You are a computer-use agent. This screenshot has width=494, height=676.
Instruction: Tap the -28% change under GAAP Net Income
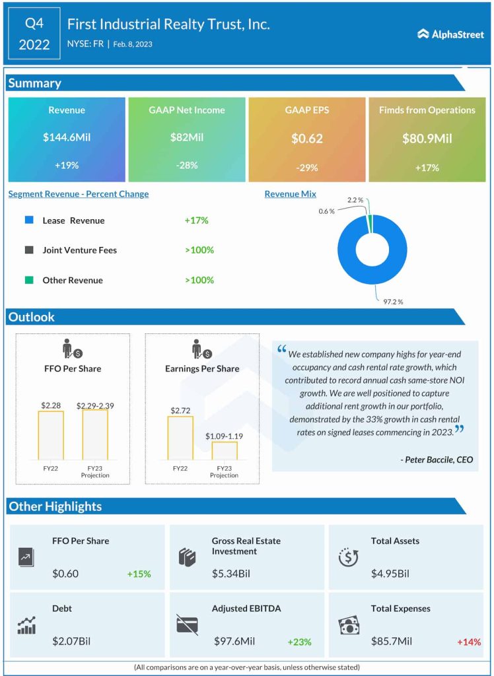click(x=187, y=165)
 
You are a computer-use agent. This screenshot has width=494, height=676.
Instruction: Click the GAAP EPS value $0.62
click(x=306, y=139)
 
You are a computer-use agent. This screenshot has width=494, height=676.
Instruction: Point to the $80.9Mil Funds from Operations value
click(x=427, y=139)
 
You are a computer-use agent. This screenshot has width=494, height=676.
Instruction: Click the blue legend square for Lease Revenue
click(x=28, y=220)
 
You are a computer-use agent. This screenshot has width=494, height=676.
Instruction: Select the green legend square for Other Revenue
click(x=28, y=280)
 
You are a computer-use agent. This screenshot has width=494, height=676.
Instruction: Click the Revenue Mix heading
click(x=290, y=194)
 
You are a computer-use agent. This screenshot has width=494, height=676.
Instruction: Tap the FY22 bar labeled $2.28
click(x=50, y=435)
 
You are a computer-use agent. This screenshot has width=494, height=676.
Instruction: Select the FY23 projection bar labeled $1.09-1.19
click(x=224, y=450)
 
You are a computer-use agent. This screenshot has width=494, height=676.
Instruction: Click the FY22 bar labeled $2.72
click(x=180, y=438)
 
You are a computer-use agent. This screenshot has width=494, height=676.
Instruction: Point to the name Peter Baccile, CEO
click(x=437, y=459)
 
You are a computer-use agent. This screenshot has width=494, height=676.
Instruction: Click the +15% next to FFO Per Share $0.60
click(x=139, y=574)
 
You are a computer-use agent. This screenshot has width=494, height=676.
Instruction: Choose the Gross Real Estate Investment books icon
click(x=188, y=557)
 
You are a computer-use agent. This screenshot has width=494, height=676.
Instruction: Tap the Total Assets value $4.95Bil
click(x=390, y=574)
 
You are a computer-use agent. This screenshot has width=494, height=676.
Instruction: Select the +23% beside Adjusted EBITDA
click(x=299, y=642)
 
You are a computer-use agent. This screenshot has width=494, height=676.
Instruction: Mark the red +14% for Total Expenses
click(x=469, y=642)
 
